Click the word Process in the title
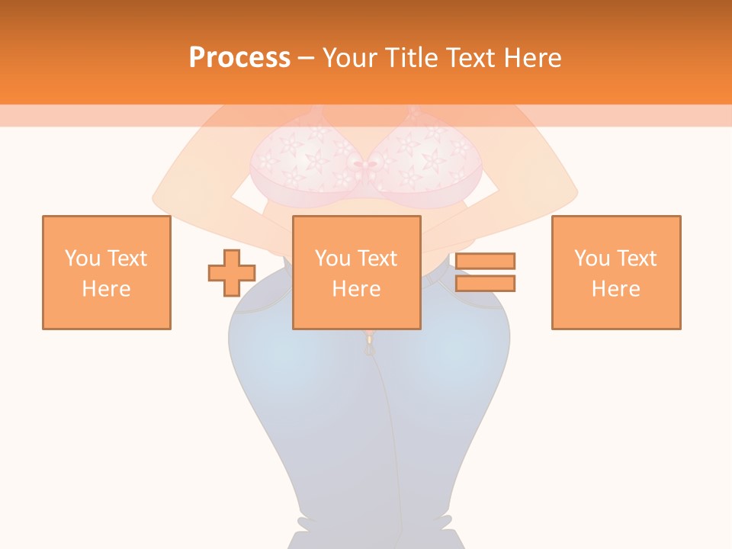pos(239,58)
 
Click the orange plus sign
pos(232,273)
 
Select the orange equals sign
pos(485,272)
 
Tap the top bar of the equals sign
pos(485,262)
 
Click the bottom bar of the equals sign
pos(485,284)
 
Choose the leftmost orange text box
pos(107,272)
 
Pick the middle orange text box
pos(357,272)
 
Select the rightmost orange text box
pos(616,272)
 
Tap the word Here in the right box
pos(616,289)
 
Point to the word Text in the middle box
pos(378,258)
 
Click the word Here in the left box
pos(107,289)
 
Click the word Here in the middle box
pos(357,289)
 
